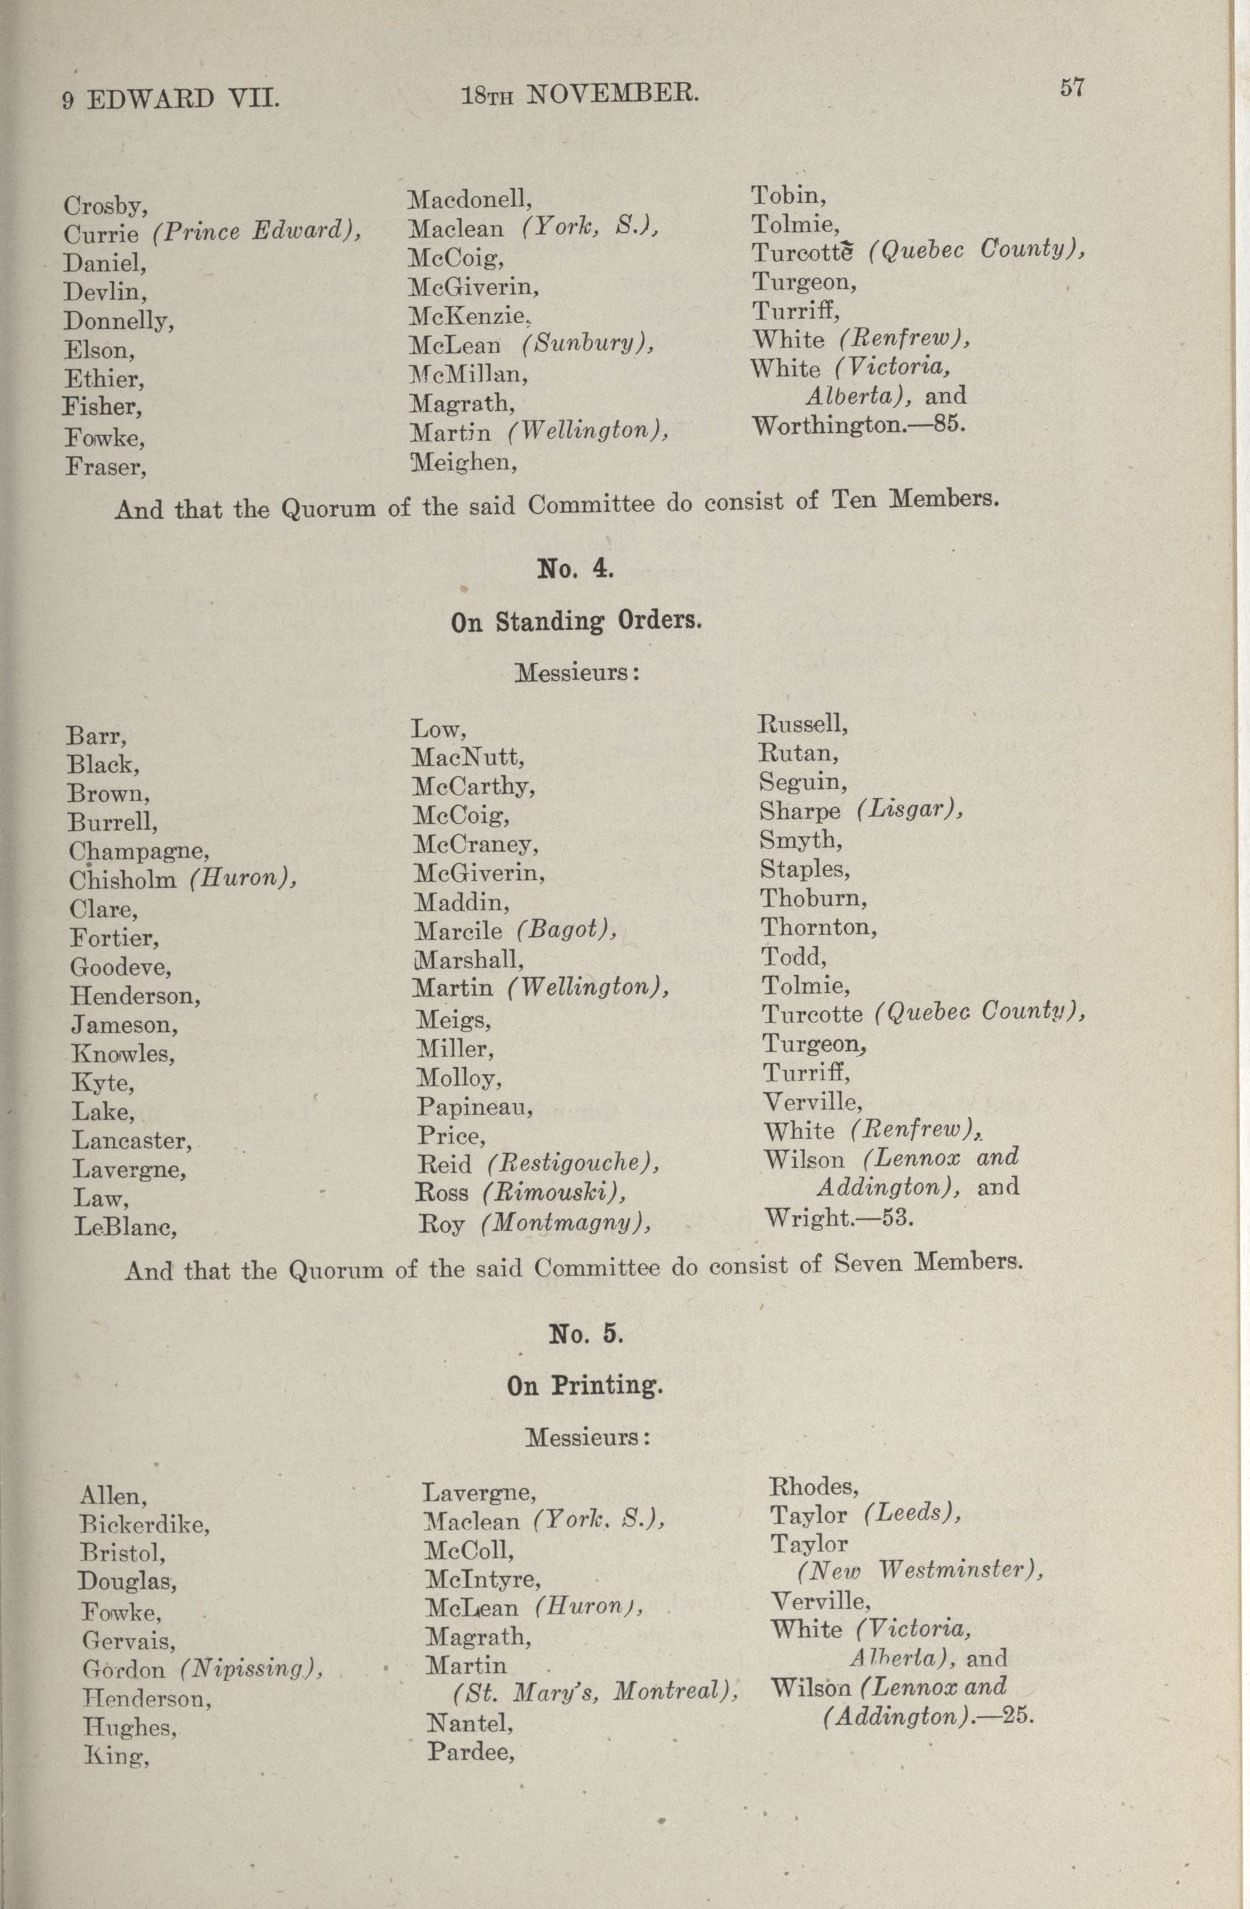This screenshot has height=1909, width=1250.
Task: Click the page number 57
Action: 1072,87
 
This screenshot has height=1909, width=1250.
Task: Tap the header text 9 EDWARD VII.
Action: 171,100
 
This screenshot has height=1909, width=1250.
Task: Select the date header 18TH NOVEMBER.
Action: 581,96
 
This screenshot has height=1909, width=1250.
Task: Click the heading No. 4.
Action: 576,569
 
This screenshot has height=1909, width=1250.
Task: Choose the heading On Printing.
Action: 585,1386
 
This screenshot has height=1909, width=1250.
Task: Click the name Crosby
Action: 104,206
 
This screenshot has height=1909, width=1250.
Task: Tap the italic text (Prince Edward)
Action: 257,232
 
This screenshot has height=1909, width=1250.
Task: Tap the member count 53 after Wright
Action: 897,1218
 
